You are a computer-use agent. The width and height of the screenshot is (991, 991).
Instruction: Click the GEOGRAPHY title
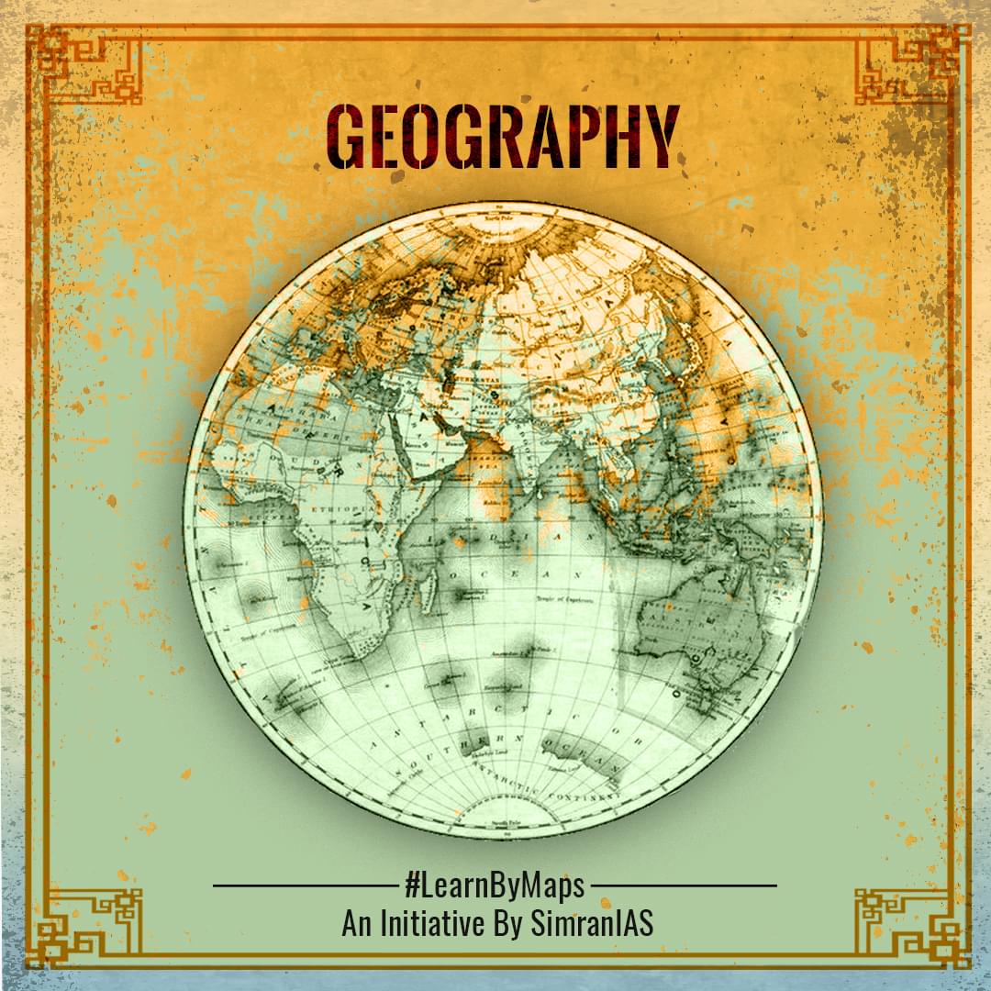(x=503, y=138)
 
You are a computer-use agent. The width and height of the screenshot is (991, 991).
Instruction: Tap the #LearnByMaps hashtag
(x=495, y=887)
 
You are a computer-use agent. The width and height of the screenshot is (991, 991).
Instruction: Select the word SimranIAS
(x=592, y=923)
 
